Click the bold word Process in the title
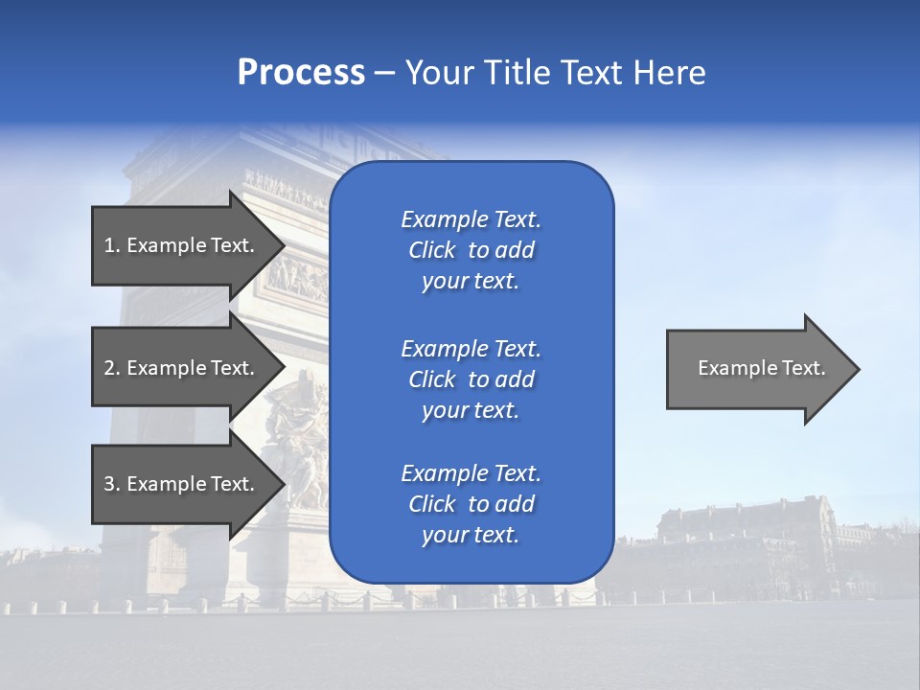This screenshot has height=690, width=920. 301,73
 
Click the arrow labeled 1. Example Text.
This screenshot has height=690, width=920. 182,245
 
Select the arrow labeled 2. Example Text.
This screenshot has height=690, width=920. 182,368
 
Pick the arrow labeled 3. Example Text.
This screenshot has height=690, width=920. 182,484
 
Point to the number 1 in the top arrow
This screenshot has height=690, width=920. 109,245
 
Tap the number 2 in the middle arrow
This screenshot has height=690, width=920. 109,368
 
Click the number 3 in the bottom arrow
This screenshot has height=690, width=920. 109,484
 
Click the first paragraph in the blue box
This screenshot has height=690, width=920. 471,250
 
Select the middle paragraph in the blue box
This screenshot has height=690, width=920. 471,379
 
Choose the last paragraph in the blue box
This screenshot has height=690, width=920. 471,504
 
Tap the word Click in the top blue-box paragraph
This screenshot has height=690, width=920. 431,250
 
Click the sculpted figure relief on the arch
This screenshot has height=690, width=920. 297,441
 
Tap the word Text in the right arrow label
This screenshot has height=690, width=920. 803,368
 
